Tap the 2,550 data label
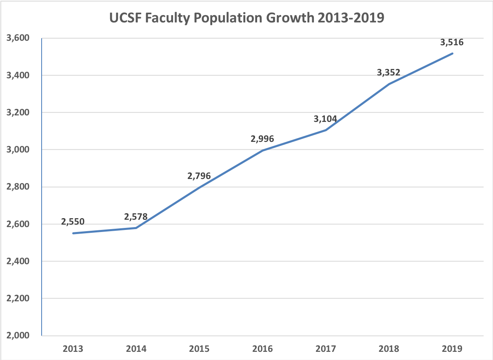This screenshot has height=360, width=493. click(x=73, y=222)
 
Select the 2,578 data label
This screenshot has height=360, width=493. click(x=135, y=216)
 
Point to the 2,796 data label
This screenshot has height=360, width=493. click(x=199, y=176)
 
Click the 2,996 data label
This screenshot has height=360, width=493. click(x=262, y=139)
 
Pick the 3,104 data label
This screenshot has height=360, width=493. click(x=325, y=119)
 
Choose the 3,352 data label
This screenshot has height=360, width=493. click(x=388, y=73)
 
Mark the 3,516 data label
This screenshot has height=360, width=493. click(x=452, y=42)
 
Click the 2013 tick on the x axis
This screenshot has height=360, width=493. click(x=73, y=349)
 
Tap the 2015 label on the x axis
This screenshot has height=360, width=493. click(x=199, y=349)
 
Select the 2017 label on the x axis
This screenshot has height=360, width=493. click(x=325, y=349)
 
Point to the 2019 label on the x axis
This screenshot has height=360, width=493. click(x=452, y=349)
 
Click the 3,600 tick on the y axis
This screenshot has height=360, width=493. click(x=18, y=38)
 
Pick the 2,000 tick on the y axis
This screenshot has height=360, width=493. click(x=18, y=336)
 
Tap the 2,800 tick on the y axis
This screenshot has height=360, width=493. click(x=18, y=187)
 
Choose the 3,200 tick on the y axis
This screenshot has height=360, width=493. click(x=18, y=113)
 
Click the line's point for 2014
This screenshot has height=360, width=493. click(x=136, y=228)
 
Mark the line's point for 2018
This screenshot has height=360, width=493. click(x=389, y=84)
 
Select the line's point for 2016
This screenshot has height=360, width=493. click(x=262, y=150)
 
